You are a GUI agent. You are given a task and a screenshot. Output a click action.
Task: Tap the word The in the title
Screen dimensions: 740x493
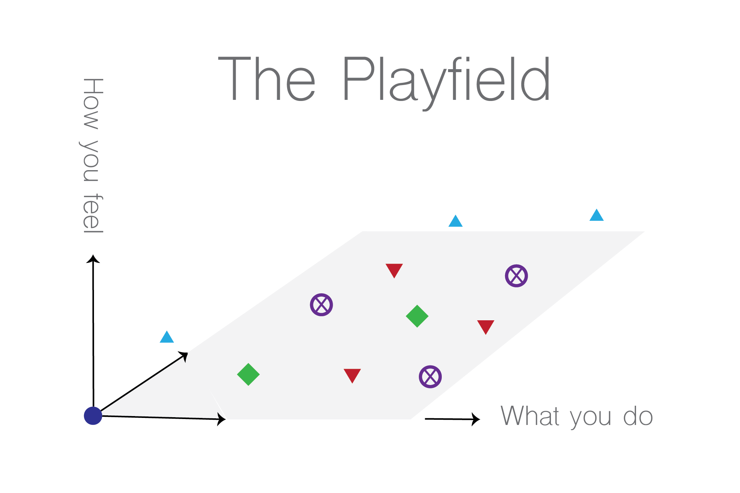point(267,79)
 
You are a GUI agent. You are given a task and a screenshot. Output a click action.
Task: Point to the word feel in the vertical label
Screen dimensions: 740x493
point(92,213)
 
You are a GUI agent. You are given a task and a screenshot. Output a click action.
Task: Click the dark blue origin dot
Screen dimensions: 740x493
point(93,416)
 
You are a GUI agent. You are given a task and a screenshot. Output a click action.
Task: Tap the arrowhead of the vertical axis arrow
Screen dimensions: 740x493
point(93,259)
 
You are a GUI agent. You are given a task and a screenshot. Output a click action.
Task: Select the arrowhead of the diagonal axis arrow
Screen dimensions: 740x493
point(184,356)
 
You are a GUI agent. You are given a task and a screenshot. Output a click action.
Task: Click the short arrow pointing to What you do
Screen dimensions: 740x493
point(453,419)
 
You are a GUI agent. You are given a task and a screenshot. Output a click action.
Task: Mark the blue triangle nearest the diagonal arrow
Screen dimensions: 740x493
point(167,337)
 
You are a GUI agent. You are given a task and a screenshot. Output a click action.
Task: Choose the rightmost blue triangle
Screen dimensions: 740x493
point(596,215)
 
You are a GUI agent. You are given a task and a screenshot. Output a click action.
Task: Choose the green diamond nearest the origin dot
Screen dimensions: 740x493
point(248,374)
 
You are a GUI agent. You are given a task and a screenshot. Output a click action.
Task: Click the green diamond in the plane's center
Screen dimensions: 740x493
point(417,316)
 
